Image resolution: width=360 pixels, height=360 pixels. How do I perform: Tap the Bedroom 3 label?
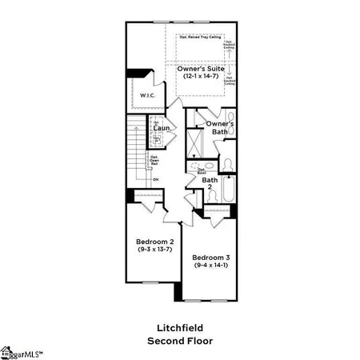(x=211, y=258)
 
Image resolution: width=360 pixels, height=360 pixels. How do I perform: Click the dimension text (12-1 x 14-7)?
(x=203, y=78)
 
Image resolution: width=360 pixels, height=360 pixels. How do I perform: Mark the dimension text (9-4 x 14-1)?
(x=211, y=266)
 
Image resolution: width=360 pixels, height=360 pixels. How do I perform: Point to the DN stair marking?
(x=156, y=179)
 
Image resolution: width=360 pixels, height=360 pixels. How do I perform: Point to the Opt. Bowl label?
(x=202, y=170)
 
